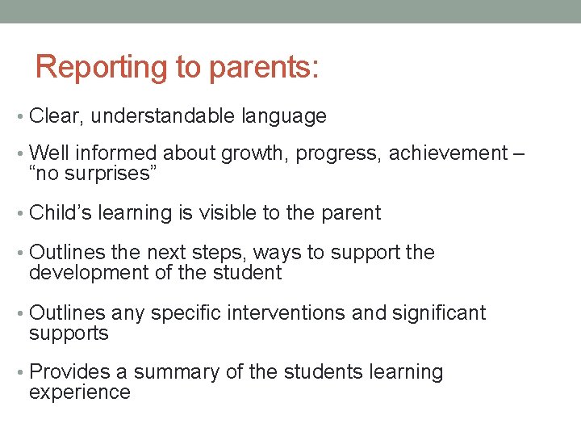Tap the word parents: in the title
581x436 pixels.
264,68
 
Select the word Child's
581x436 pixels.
61,213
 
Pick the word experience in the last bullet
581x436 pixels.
79,392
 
